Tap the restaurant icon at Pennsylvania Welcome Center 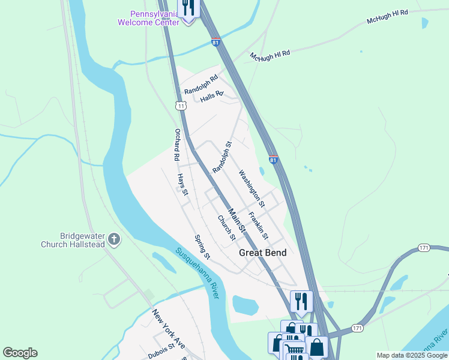click(188, 8)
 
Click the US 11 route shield click(180, 106)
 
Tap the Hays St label click(182, 184)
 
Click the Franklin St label click(258, 225)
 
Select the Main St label click(238, 220)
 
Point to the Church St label click(226, 228)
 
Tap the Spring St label click(202, 247)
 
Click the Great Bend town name click(262, 253)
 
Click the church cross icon click(114, 241)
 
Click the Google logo click(20, 353)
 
